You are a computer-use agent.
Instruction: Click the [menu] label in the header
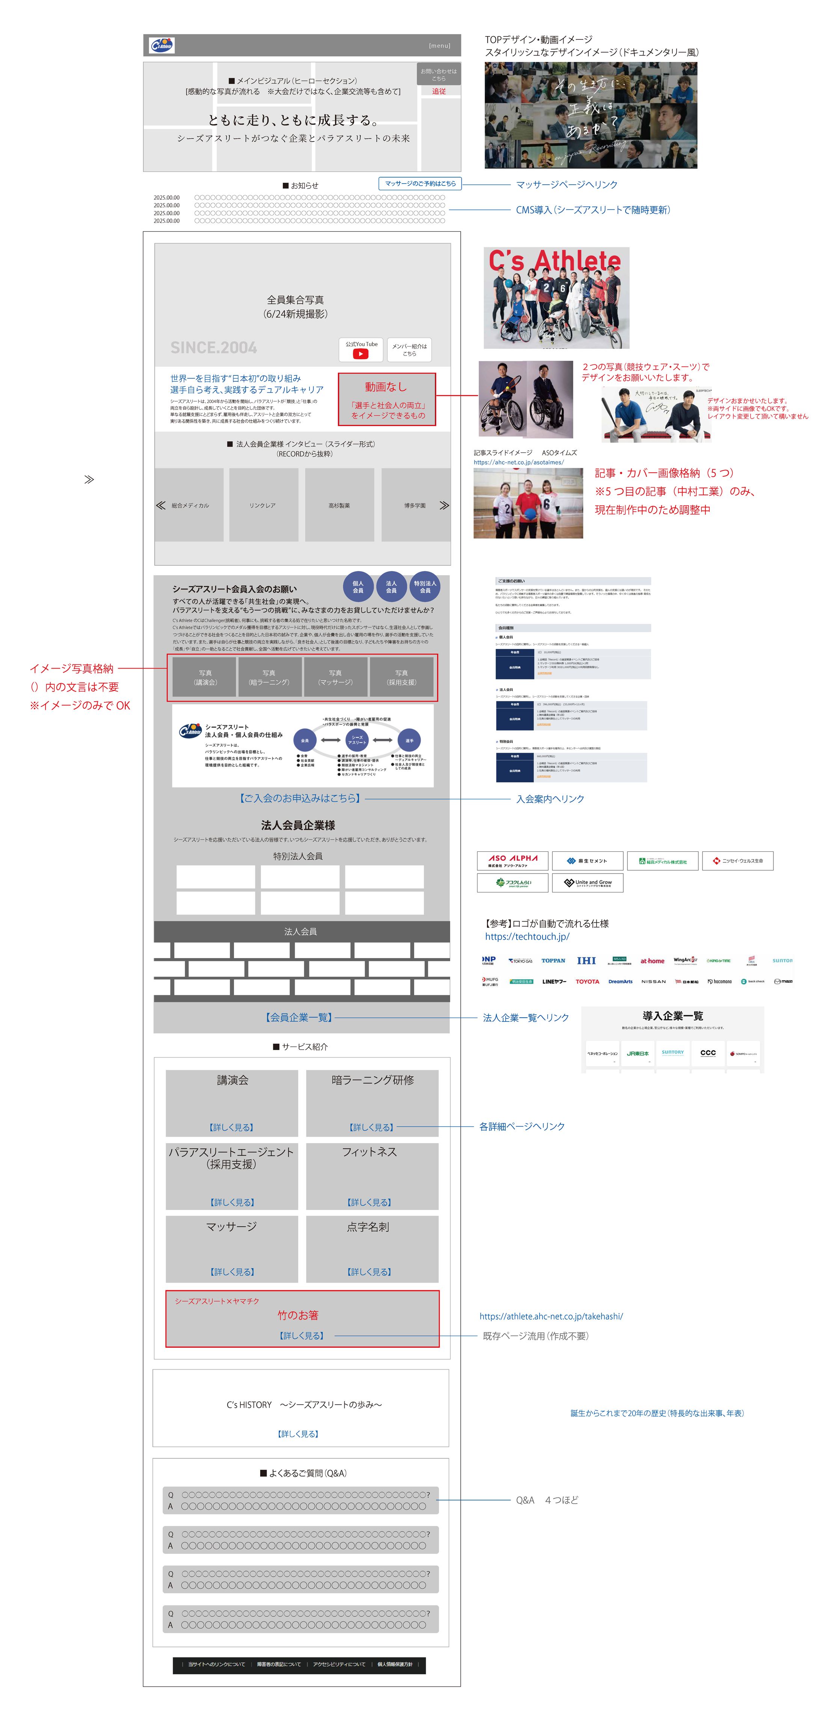click(x=439, y=45)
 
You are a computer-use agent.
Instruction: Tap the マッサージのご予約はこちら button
click(x=420, y=183)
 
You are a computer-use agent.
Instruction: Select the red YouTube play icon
click(x=361, y=354)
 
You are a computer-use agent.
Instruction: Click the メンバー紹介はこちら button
click(x=409, y=350)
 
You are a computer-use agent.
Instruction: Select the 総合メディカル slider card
click(x=190, y=505)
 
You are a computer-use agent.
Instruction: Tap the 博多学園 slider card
click(x=415, y=505)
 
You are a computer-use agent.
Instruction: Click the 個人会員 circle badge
click(x=358, y=587)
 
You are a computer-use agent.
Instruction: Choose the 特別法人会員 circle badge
click(x=425, y=587)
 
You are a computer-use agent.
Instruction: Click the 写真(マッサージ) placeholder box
click(x=336, y=677)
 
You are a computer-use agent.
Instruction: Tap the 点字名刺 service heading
click(x=368, y=1227)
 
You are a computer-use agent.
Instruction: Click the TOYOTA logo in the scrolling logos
click(x=588, y=981)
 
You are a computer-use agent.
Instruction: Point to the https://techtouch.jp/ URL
click(x=527, y=937)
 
